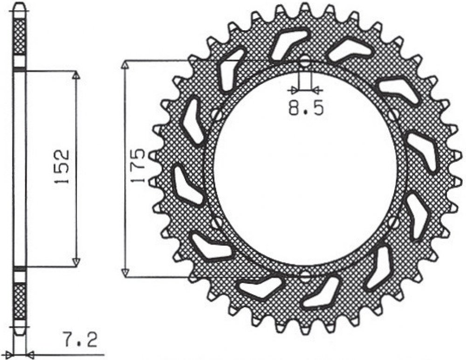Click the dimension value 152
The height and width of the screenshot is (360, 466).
point(62,166)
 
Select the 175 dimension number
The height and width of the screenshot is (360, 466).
point(138,166)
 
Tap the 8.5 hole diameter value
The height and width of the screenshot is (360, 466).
point(305,108)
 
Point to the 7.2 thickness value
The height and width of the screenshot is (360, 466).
point(80,340)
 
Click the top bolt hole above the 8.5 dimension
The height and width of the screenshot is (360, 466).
point(305,62)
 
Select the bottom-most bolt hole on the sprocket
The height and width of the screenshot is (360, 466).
point(305,277)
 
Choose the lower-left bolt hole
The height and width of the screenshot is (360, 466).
point(218,222)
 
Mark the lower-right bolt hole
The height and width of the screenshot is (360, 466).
point(393,222)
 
